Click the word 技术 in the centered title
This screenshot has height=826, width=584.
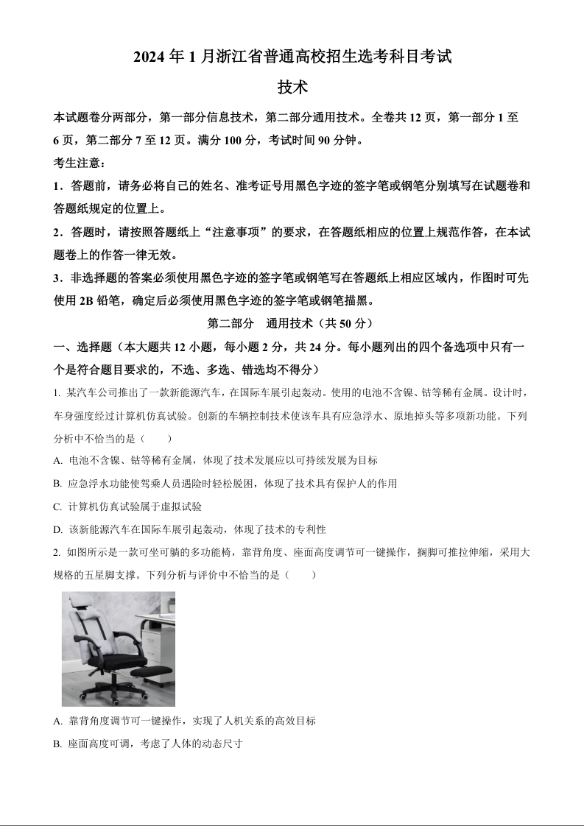pyautogui.click(x=292, y=87)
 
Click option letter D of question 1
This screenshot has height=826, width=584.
pyautogui.click(x=57, y=530)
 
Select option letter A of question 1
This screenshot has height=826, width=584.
pyautogui.click(x=57, y=461)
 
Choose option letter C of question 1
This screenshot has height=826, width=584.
pyautogui.click(x=57, y=507)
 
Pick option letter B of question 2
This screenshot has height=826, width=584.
pyautogui.click(x=57, y=744)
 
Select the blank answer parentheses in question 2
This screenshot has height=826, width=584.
pyautogui.click(x=302, y=574)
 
